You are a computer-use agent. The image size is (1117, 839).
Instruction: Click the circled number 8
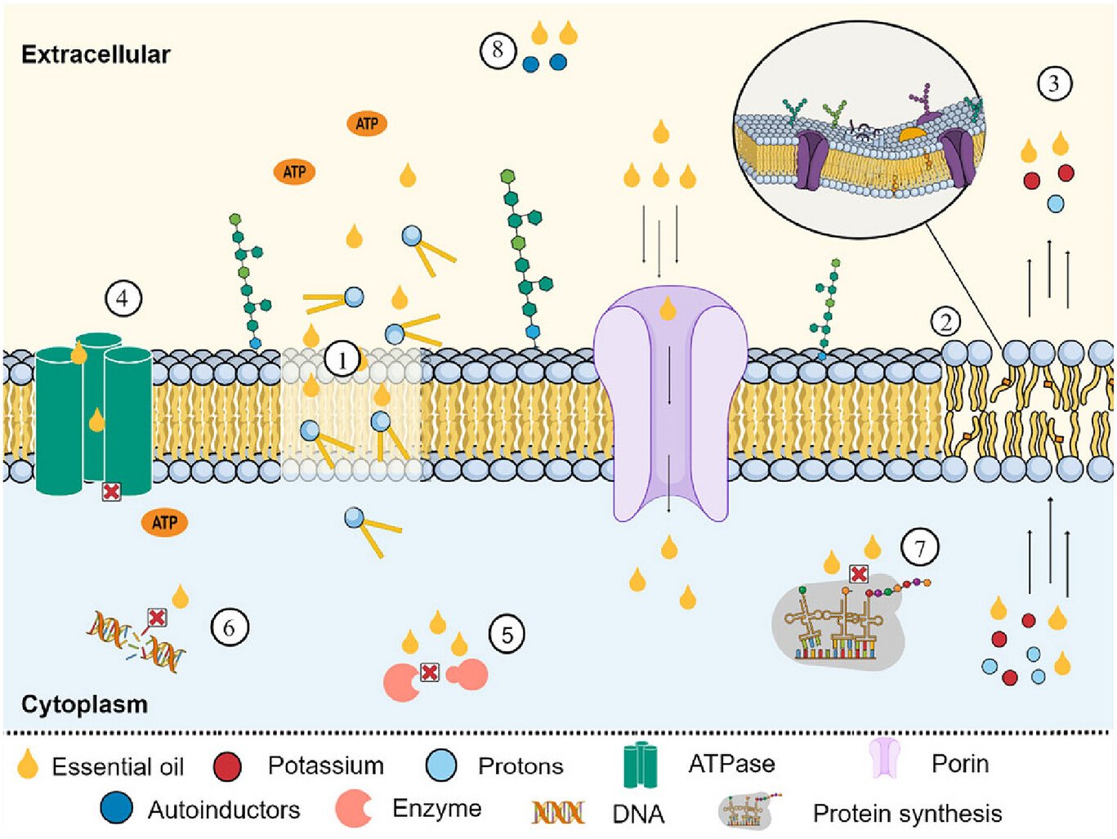[498, 51]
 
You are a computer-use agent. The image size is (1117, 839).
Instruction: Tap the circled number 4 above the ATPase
[123, 299]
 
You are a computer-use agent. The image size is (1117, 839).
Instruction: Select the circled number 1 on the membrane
[342, 359]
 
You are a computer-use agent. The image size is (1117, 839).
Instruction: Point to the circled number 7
[920, 547]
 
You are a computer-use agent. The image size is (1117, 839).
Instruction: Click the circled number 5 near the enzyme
[507, 635]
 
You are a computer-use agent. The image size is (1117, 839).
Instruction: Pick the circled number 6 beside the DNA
[229, 627]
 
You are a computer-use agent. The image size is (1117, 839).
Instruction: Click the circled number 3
[1053, 83]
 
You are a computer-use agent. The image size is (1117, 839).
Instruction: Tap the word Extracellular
[96, 55]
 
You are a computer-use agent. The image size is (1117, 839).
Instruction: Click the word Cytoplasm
[84, 704]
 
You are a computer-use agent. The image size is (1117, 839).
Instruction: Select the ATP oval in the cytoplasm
[165, 522]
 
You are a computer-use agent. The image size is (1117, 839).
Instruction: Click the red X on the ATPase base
[111, 491]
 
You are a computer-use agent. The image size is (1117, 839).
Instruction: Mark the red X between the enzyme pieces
[430, 672]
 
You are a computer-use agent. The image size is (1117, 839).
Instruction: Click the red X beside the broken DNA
[156, 618]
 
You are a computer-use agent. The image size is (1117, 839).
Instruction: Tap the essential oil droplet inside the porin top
[668, 309]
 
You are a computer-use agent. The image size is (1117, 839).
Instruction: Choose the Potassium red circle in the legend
[227, 766]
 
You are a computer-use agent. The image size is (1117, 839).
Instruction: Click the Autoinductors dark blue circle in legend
[116, 808]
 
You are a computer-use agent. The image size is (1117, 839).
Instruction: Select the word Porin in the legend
[959, 764]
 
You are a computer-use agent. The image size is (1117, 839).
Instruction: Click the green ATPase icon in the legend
[640, 765]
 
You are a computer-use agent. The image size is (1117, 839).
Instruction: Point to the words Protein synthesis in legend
[907, 814]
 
